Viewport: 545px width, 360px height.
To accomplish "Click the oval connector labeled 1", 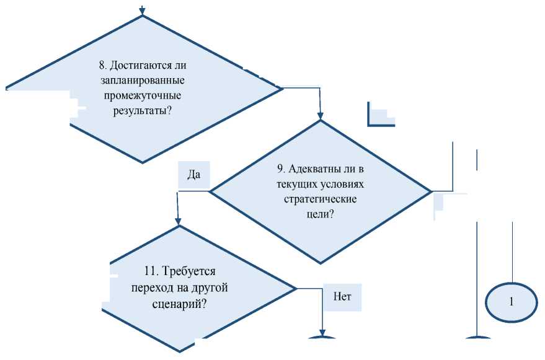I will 512,302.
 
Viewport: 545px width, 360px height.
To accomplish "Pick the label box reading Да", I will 193,175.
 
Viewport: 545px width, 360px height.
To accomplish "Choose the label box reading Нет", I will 342,296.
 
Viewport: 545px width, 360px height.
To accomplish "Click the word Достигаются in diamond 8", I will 151,65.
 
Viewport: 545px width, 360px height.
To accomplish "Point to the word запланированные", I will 143,81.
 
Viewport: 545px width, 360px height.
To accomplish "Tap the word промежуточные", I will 143,96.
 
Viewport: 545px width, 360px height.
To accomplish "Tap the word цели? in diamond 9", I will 321,214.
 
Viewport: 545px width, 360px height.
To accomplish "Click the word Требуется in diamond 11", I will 188,271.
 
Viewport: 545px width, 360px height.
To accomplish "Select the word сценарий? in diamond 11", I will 179,305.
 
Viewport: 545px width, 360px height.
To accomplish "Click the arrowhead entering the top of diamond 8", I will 143,11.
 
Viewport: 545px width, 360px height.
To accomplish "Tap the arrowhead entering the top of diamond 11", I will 179,221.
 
